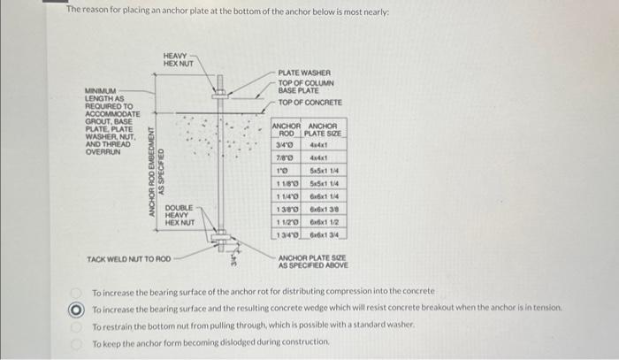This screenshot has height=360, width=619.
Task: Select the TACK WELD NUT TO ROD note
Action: coord(128,259)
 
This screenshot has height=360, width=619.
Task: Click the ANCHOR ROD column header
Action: coord(287,129)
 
